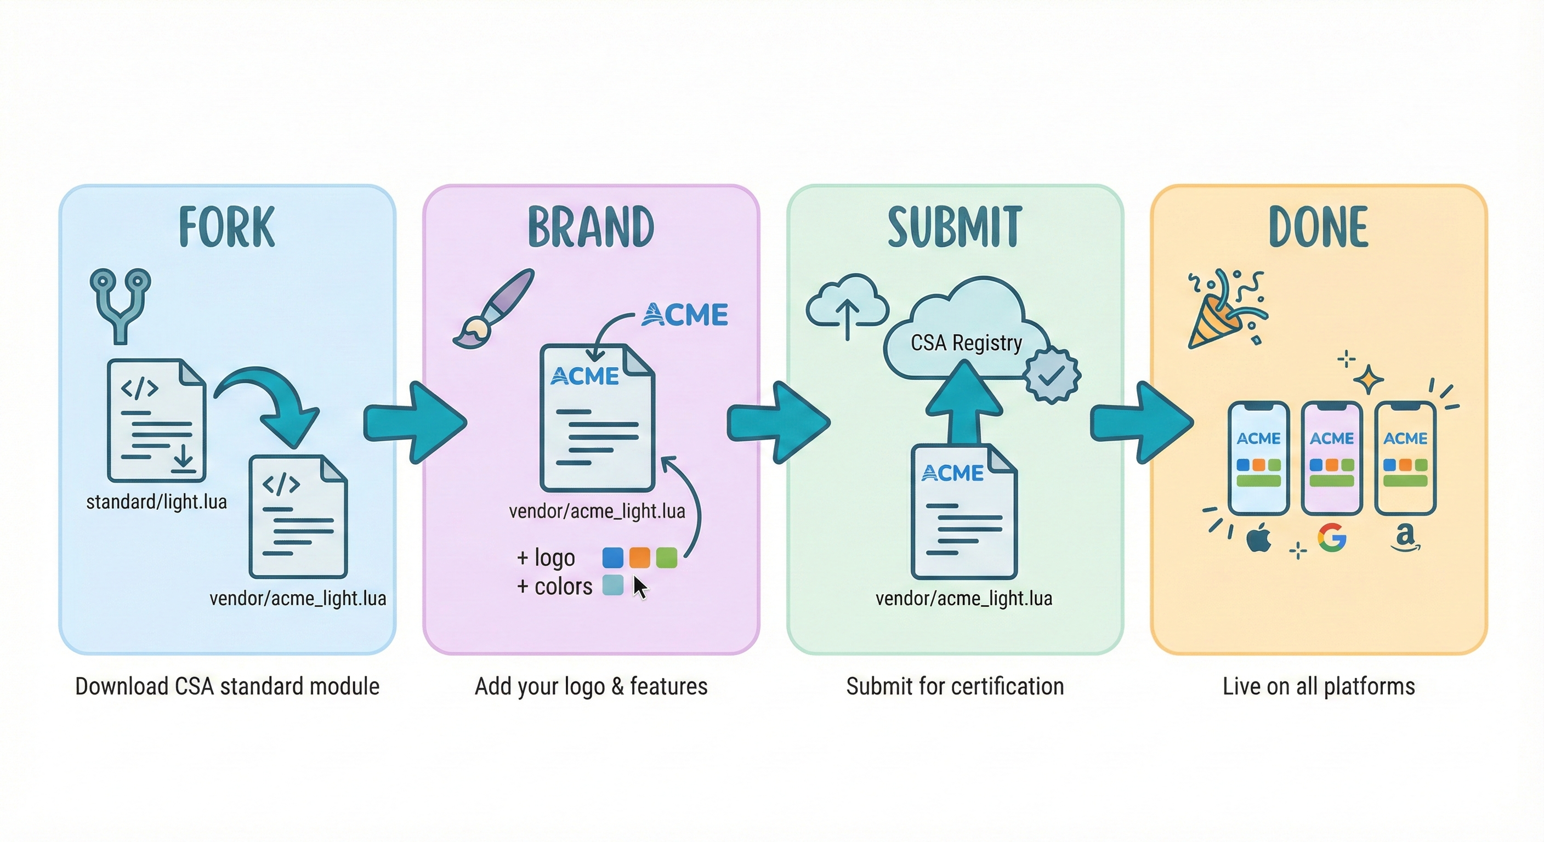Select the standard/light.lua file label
156,502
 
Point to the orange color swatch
639,557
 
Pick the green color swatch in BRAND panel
667,557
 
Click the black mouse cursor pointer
640,587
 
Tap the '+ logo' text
546,557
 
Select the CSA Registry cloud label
966,343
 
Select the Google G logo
1332,537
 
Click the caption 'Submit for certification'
955,686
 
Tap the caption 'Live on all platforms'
1319,686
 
